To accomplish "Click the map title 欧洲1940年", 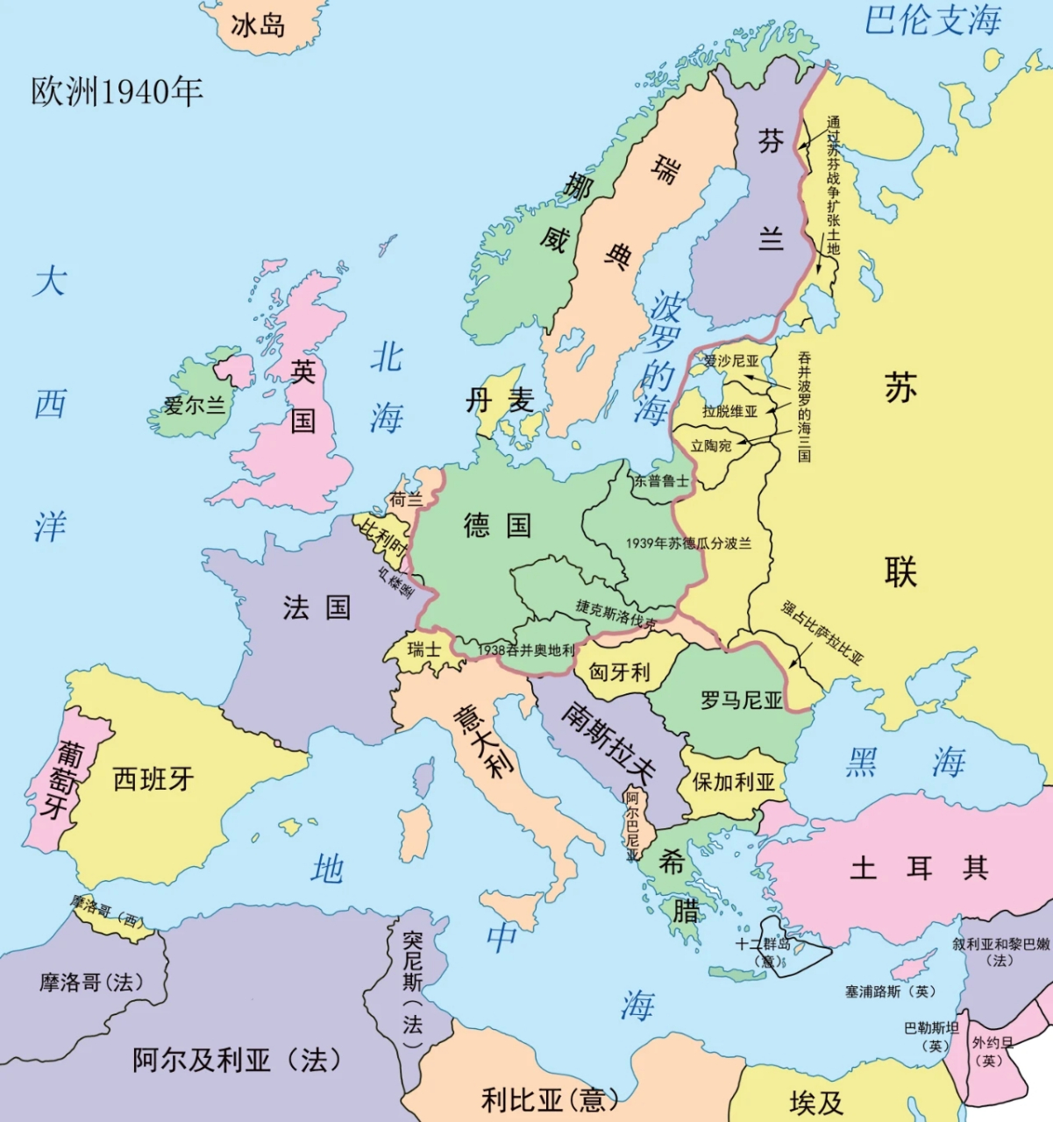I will click(117, 91).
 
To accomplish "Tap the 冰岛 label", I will click(258, 25).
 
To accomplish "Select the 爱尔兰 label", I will click(194, 405).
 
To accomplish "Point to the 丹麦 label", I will click(499, 401).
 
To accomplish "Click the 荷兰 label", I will click(405, 500).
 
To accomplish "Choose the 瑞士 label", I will click(424, 649).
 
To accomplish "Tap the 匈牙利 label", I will click(619, 672).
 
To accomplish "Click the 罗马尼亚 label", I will click(741, 699).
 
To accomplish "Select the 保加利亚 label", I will click(734, 781).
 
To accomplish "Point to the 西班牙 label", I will click(153, 778).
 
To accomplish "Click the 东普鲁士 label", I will click(661, 480).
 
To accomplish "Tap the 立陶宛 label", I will click(710, 445).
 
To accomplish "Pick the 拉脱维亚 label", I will click(729, 410).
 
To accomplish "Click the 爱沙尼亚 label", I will click(731, 360).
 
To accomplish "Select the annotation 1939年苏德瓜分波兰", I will click(688, 543).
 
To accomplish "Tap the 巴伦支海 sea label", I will click(932, 20).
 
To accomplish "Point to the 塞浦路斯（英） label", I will click(890, 991).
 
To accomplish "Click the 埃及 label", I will click(815, 1102).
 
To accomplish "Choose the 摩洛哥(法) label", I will click(91, 983).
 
